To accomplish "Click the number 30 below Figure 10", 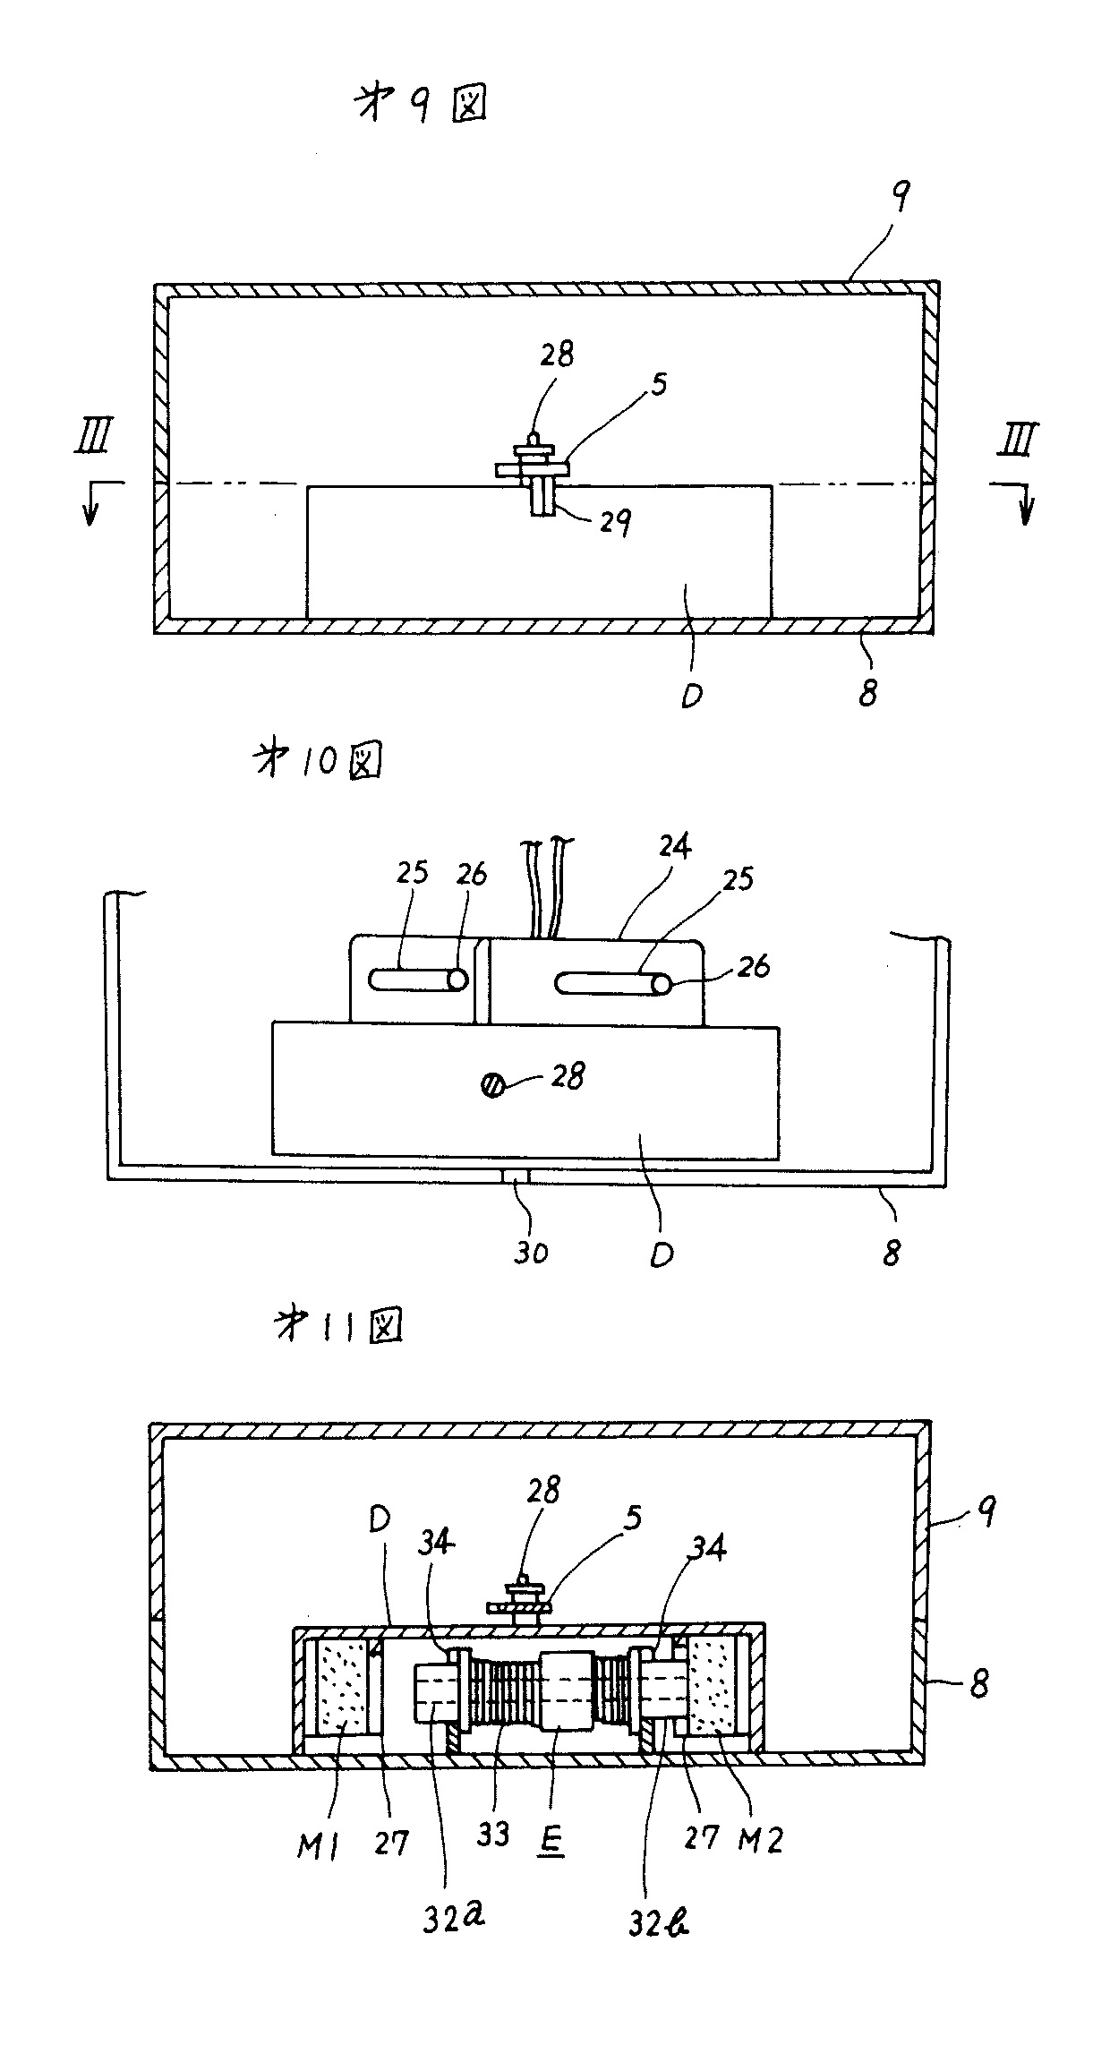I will pos(530,1251).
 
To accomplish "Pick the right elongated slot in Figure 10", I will pos(613,984).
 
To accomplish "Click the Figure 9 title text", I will pos(421,107).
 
